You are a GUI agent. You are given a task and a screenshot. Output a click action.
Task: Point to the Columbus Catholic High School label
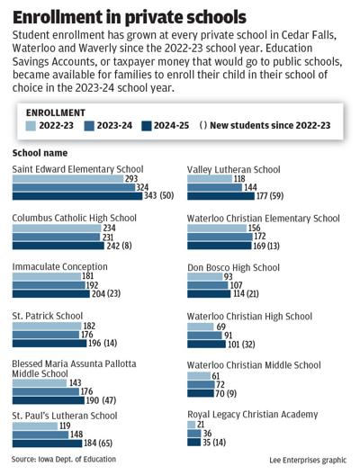coord(74,218)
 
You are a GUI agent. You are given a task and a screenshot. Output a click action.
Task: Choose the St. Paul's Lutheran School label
coord(64,416)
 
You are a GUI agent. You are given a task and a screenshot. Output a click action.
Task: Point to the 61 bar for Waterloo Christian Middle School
coord(197,376)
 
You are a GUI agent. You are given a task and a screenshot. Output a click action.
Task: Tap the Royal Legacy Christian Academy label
coord(252,414)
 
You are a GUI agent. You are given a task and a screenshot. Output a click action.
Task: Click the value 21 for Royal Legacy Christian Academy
coord(202,425)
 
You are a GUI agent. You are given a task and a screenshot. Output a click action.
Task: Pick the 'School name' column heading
coord(41,154)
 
